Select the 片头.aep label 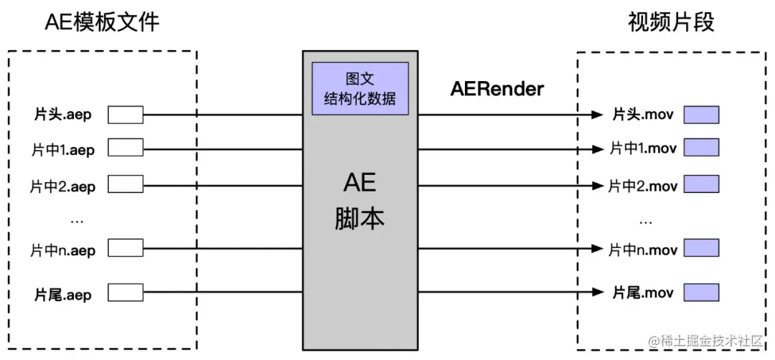click(63, 115)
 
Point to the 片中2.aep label click(63, 186)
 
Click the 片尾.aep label click(63, 293)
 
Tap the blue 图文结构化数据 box click(360, 89)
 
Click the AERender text click(497, 90)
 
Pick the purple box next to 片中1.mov click(701, 149)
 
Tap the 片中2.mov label click(643, 186)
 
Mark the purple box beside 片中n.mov click(701, 249)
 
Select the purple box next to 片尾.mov click(701, 293)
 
